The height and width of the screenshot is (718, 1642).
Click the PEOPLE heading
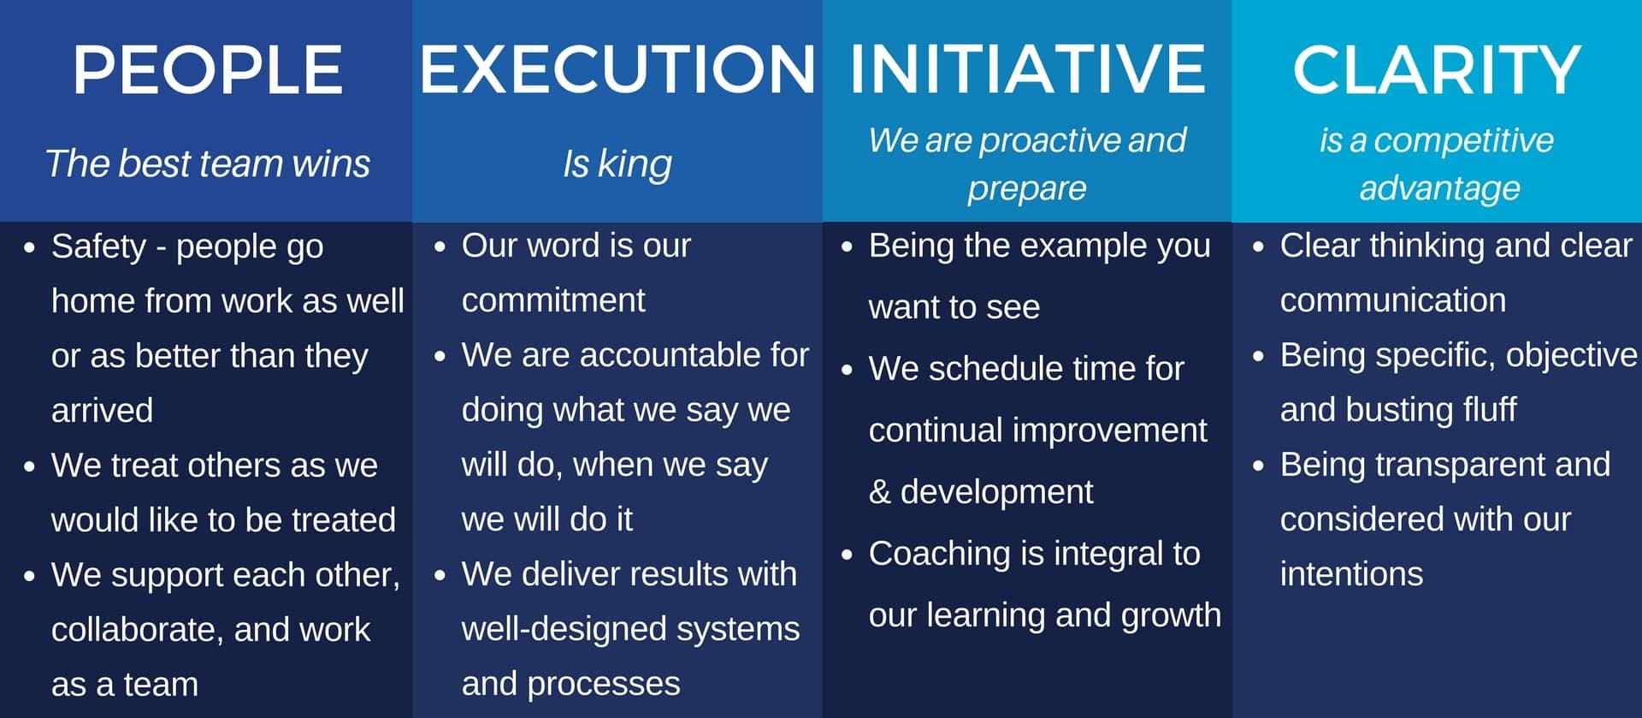208,69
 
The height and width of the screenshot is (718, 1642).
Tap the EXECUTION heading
617,69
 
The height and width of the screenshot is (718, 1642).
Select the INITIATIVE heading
1027,69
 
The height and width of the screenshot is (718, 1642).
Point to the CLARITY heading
1437,69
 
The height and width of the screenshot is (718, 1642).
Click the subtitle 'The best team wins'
208,163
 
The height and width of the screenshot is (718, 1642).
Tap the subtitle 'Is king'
617,164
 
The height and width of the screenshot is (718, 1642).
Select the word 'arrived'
102,411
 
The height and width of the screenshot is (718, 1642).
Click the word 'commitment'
553,300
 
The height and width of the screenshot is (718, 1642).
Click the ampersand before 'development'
879,492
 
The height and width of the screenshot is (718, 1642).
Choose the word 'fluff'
1489,410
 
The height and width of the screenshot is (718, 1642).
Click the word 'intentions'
1351,574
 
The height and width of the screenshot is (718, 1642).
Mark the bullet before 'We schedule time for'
847,371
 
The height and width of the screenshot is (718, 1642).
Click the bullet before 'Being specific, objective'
1258,356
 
